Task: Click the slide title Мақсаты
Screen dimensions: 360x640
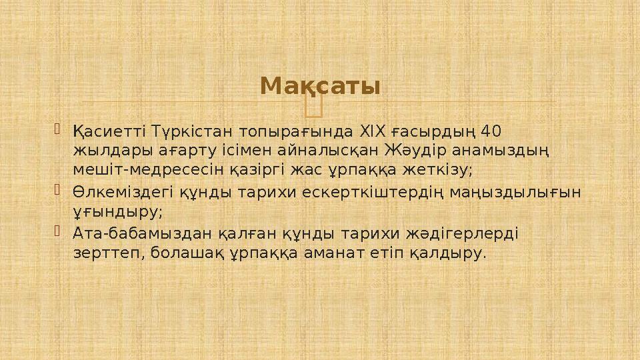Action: pyautogui.click(x=320, y=86)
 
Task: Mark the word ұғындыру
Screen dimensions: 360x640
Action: pyautogui.click(x=117, y=212)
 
